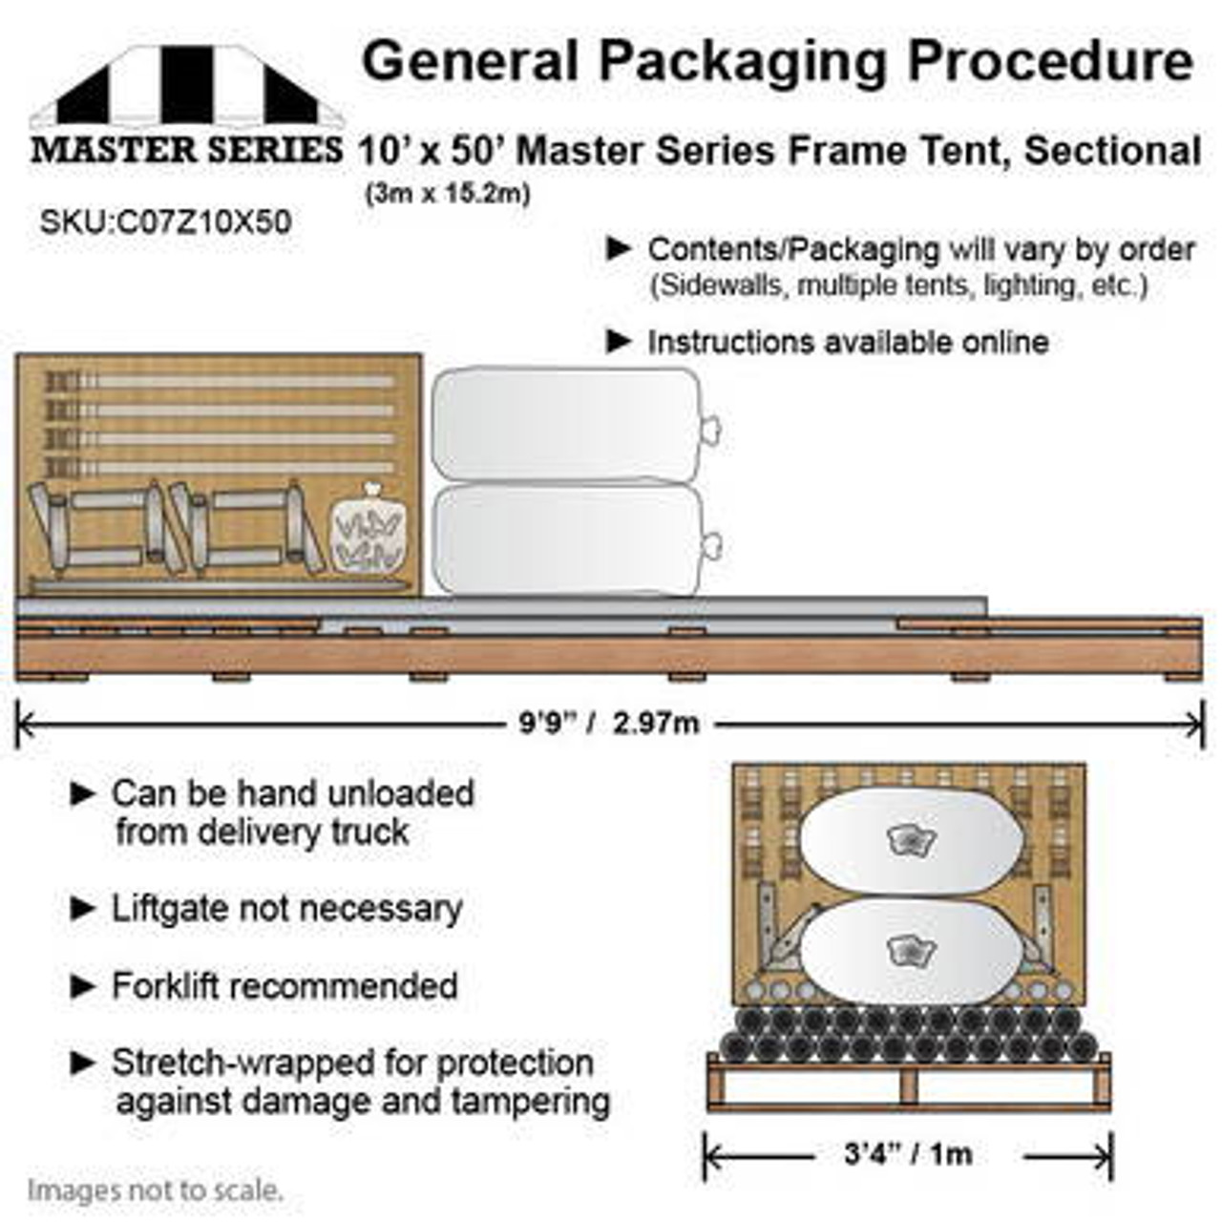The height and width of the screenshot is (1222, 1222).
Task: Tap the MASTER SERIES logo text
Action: click(x=186, y=150)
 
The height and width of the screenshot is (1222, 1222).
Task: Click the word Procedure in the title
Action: click(x=1050, y=61)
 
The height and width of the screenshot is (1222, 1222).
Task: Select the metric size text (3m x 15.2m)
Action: click(x=446, y=194)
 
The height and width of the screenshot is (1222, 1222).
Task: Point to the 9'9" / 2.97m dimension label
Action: click(x=609, y=723)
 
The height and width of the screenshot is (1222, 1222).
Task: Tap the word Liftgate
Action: click(x=171, y=908)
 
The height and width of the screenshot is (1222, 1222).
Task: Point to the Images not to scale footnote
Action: click(x=155, y=1190)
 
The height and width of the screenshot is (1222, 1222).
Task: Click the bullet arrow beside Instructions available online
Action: click(x=620, y=341)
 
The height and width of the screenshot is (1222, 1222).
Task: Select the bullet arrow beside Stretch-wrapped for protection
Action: click(x=84, y=1063)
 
